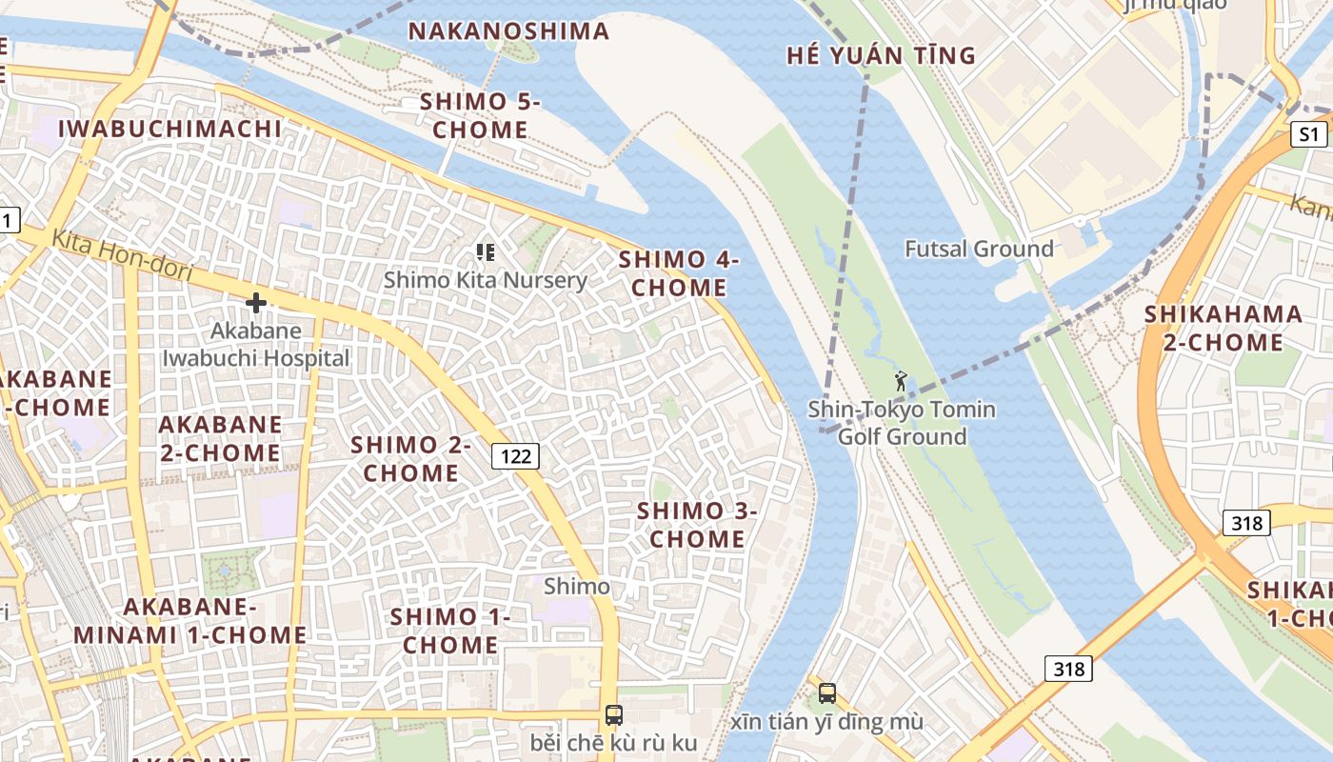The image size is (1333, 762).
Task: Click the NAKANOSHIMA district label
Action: tap(508, 30)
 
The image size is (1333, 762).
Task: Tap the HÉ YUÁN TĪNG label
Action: tap(881, 55)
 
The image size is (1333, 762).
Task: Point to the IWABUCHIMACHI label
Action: tap(170, 129)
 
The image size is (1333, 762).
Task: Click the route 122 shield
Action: tap(516, 456)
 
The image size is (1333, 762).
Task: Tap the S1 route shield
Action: tap(1310, 134)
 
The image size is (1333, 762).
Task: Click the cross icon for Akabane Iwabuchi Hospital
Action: tap(255, 303)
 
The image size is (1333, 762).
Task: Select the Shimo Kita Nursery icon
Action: tap(486, 252)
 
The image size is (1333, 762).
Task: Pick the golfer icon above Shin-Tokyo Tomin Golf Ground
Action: tap(901, 382)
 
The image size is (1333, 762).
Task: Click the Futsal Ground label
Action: tap(979, 249)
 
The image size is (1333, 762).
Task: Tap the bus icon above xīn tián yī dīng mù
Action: tap(827, 692)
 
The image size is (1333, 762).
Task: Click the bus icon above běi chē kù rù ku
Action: tap(614, 714)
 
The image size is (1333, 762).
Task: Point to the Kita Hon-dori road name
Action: tap(122, 254)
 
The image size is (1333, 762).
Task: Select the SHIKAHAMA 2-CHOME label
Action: tap(1224, 328)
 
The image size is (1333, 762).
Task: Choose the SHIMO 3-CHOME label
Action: tap(697, 525)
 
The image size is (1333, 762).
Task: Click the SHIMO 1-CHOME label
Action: tap(450, 631)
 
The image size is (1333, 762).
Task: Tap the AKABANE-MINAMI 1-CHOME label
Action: tap(189, 621)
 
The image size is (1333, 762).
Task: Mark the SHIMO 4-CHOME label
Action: tap(679, 273)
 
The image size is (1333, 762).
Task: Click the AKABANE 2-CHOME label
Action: tap(220, 438)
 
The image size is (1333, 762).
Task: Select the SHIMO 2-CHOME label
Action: tap(411, 458)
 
